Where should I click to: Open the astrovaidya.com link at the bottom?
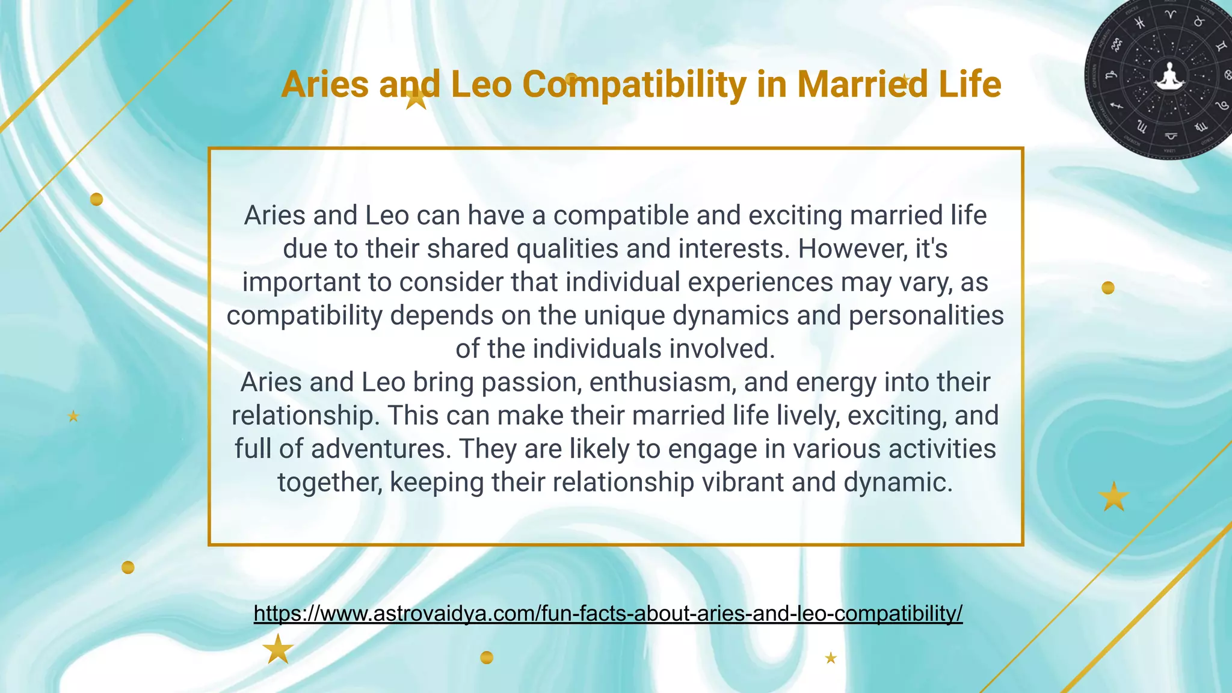[608, 613]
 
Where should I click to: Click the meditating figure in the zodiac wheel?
[1169, 77]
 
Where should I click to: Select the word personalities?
[926, 315]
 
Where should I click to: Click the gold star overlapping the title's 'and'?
[416, 99]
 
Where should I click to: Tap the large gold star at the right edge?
[1113, 497]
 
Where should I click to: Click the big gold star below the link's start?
[278, 649]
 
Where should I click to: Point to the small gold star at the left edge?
[73, 416]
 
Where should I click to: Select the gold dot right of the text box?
[1107, 288]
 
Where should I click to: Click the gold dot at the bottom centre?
[487, 658]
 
